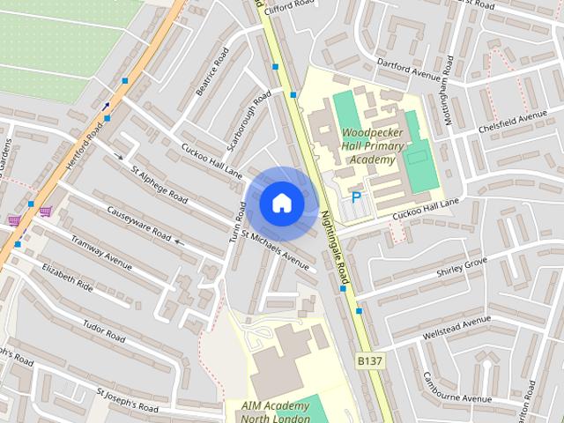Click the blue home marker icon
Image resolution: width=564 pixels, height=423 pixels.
click(281, 203)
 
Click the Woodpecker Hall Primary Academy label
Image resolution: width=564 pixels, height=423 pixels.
click(373, 146)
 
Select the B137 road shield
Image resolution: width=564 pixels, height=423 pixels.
click(370, 361)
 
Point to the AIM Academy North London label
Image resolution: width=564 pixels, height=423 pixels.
click(275, 412)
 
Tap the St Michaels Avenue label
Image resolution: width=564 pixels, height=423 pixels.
click(276, 250)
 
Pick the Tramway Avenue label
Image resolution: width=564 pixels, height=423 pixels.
click(100, 252)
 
